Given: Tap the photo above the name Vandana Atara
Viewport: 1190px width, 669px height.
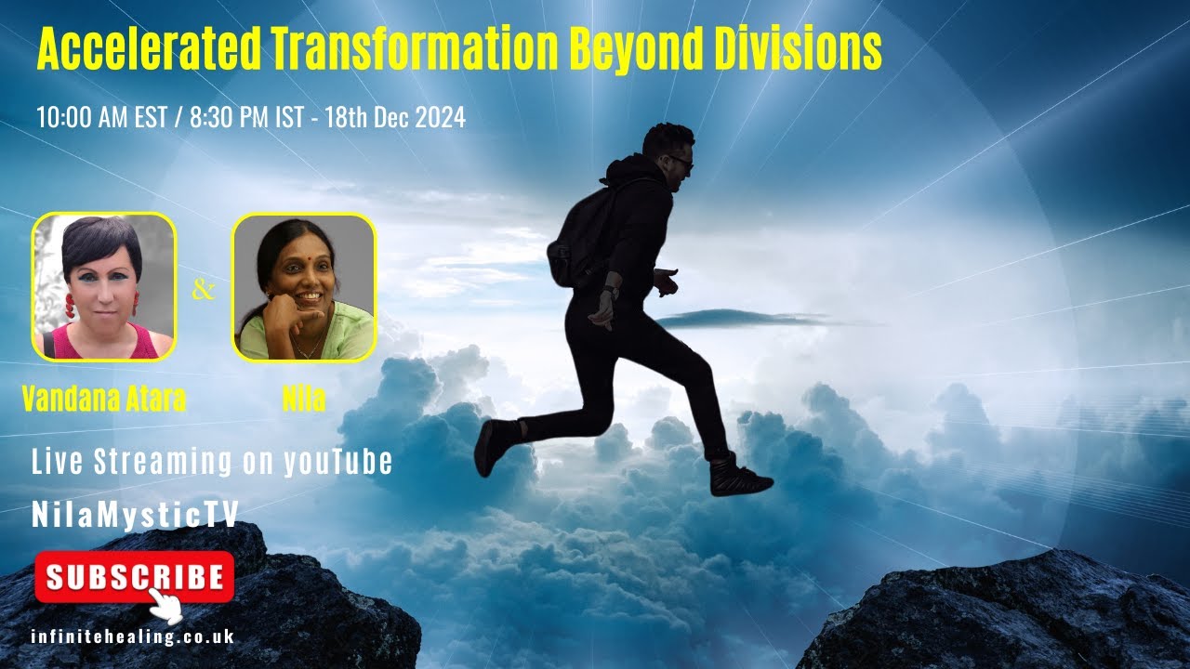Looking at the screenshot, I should click(104, 286).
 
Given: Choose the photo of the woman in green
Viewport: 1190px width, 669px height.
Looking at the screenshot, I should click(303, 286).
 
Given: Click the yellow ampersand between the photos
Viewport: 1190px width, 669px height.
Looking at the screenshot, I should click(203, 290).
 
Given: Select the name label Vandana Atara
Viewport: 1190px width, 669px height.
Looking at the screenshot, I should click(104, 399).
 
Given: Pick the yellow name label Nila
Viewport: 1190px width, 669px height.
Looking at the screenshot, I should click(303, 399).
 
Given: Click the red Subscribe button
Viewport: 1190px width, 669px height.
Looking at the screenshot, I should click(134, 576).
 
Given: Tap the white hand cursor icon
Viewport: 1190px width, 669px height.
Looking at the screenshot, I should click(165, 606).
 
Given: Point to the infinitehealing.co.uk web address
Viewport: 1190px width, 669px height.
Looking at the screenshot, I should click(132, 637).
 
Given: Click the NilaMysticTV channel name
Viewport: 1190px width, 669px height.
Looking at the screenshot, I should click(136, 514).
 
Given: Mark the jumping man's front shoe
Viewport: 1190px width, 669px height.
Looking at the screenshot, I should click(740, 479).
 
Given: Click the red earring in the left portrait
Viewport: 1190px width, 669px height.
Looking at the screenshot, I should click(68, 306).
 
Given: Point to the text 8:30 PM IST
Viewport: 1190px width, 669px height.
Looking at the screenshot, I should click(239, 118).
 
